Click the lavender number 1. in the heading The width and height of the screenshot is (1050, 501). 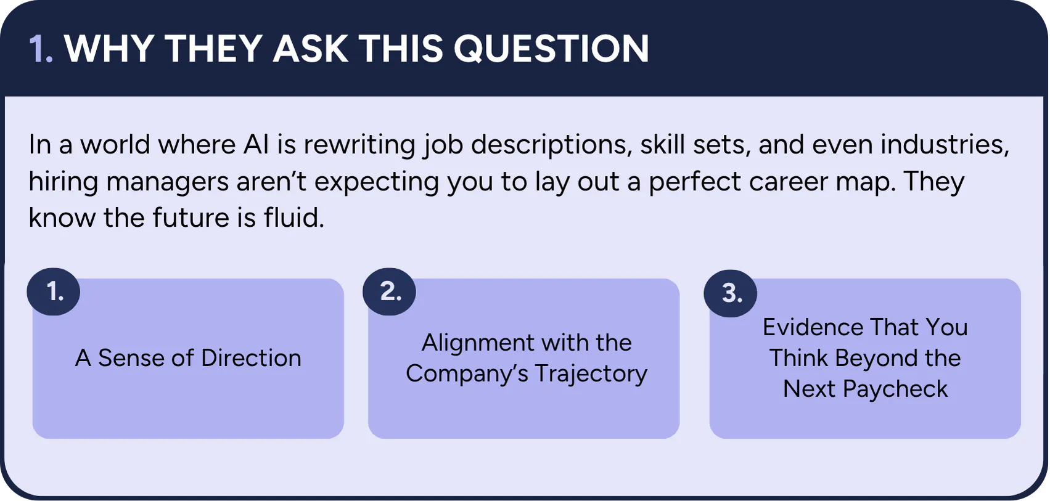[x=41, y=48]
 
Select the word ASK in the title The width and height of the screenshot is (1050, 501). [x=311, y=48]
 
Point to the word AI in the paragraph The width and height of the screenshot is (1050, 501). [x=256, y=144]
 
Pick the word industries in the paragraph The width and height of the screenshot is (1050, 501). [x=945, y=145]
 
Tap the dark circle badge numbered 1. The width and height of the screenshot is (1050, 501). [x=54, y=291]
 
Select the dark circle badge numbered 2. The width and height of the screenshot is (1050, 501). [x=389, y=291]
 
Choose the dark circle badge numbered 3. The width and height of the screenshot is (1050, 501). [x=730, y=293]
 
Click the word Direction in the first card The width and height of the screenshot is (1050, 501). [x=252, y=357]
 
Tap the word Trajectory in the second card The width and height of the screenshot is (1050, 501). [x=591, y=375]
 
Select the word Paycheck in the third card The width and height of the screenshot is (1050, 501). [x=895, y=389]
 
